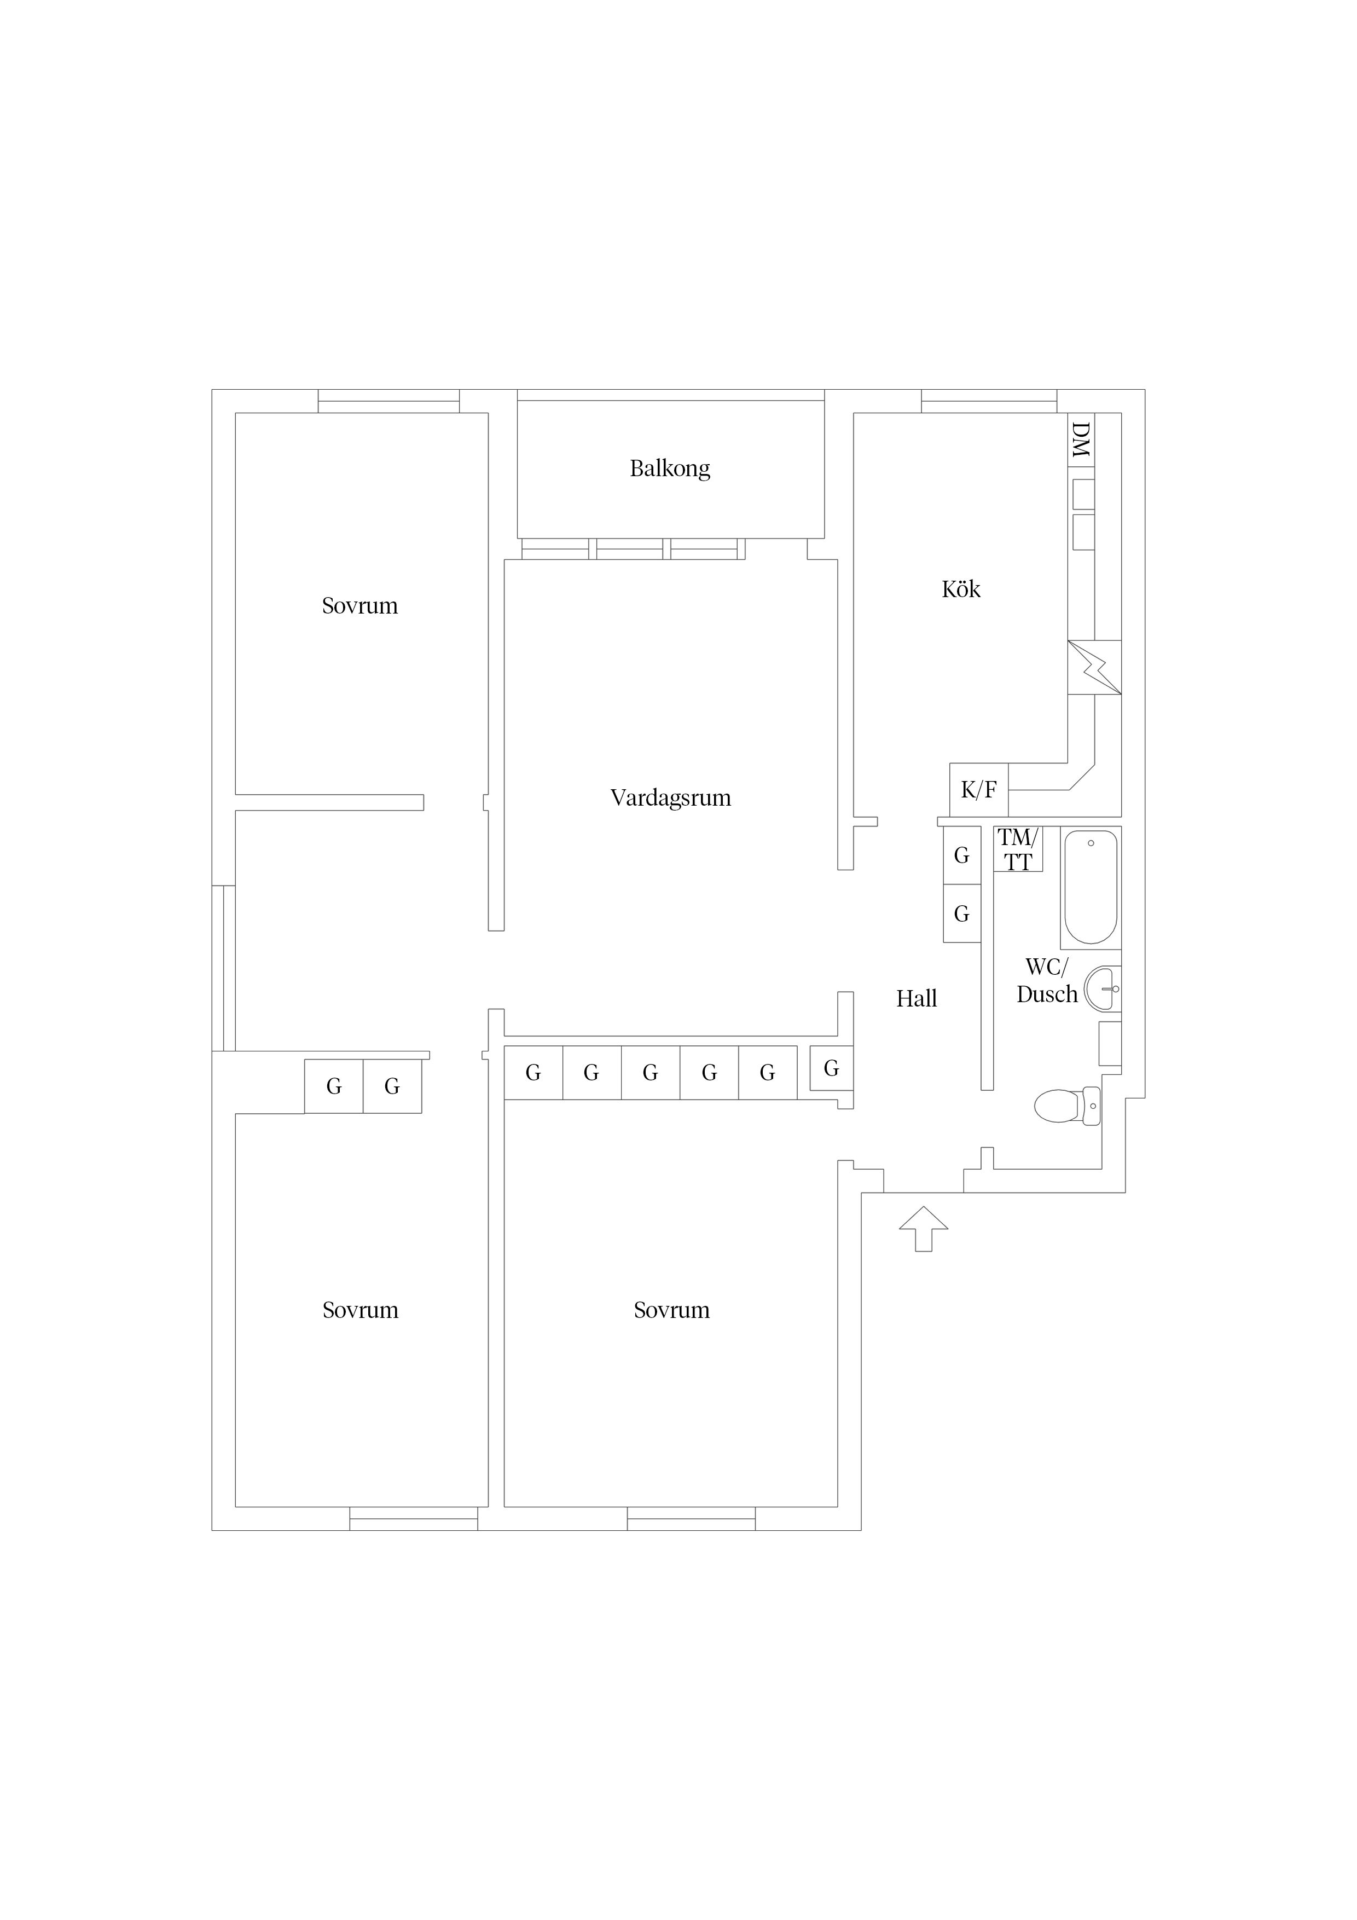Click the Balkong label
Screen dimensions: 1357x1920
click(670, 469)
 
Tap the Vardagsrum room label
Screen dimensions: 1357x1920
click(670, 798)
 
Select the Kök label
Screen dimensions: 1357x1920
click(961, 589)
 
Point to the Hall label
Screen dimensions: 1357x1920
click(917, 998)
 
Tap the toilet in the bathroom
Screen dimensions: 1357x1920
click(1067, 1106)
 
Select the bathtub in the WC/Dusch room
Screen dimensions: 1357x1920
click(1091, 887)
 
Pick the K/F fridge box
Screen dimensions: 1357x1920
click(979, 789)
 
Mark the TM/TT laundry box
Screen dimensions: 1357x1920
click(1018, 849)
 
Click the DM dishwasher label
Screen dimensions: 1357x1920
click(1081, 440)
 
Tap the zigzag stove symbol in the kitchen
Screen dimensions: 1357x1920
click(1094, 667)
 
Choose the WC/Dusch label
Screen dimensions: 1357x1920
click(1047, 981)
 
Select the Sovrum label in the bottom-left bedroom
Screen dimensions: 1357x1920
click(361, 1310)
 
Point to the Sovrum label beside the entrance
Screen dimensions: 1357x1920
click(671, 1310)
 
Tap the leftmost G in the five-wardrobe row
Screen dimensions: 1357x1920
click(533, 1073)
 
